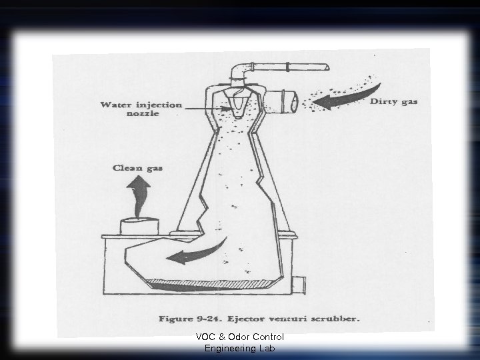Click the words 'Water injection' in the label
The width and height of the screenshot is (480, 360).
pyautogui.click(x=140, y=104)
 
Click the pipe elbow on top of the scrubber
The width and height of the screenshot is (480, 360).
pyautogui.click(x=241, y=69)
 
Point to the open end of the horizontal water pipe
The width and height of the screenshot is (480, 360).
pyautogui.click(x=325, y=67)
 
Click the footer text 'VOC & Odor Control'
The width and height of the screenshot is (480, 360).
pyautogui.click(x=240, y=337)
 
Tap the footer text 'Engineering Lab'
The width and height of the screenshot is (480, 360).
pyautogui.click(x=240, y=349)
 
